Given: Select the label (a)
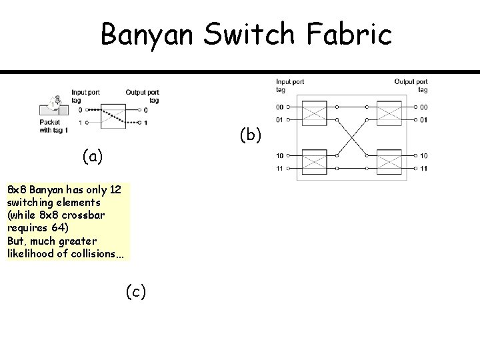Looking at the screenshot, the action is coord(93,156).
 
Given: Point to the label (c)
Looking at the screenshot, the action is coord(136,291).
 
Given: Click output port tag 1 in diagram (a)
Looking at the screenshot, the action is coord(145,123).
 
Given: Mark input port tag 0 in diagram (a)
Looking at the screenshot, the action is coord(80,110).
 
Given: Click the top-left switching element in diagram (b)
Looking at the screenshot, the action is coord(316,113).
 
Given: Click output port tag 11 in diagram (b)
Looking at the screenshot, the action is coord(424,169).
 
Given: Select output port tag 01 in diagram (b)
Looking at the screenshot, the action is coord(424,120).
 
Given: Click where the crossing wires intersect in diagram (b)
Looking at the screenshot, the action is coord(353,138).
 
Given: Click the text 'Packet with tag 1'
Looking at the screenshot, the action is coord(54,127).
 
